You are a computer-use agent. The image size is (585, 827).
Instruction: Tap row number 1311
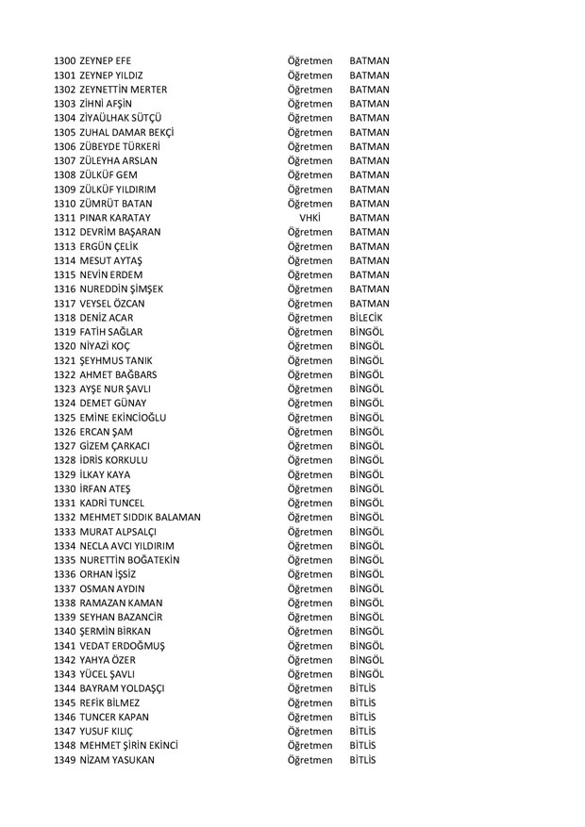click(x=65, y=218)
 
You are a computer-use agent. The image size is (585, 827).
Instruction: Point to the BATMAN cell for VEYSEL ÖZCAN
click(x=369, y=304)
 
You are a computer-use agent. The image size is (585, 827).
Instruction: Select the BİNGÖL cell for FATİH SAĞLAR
click(x=366, y=333)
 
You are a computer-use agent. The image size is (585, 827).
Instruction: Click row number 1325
click(x=65, y=417)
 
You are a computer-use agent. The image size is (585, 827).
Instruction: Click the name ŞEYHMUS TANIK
click(x=117, y=361)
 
